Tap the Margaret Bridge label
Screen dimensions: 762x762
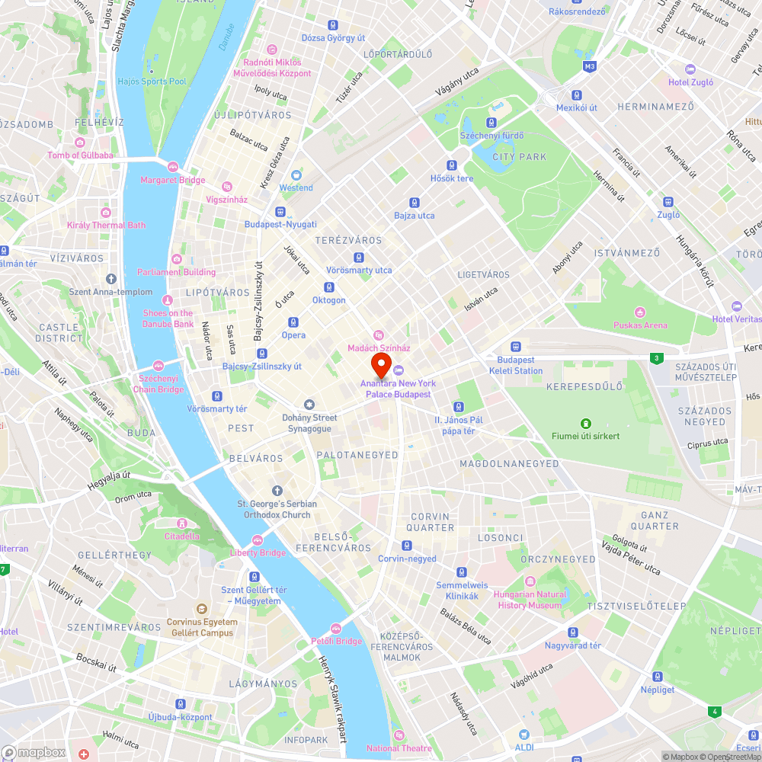pos(172,181)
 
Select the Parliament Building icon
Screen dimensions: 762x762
pos(177,259)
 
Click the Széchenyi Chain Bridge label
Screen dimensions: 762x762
pos(159,384)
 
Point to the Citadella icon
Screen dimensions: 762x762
pos(182,523)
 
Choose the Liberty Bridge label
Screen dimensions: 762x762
pos(258,552)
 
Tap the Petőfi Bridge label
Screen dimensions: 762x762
pos(336,641)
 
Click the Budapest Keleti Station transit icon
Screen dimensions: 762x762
pos(516,346)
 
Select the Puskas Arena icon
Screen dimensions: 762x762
pos(640,312)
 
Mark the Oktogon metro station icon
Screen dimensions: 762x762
pos(329,287)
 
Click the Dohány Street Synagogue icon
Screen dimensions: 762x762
pos(309,405)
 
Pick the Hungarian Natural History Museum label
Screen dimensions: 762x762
pos(530,600)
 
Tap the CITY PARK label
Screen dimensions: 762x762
pos(520,157)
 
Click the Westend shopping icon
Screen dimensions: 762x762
pos(296,174)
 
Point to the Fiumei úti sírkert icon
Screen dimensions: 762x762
pos(585,423)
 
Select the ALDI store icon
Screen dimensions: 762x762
pos(523,735)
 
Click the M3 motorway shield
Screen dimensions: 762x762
pos(589,67)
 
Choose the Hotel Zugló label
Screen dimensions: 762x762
pos(691,82)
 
